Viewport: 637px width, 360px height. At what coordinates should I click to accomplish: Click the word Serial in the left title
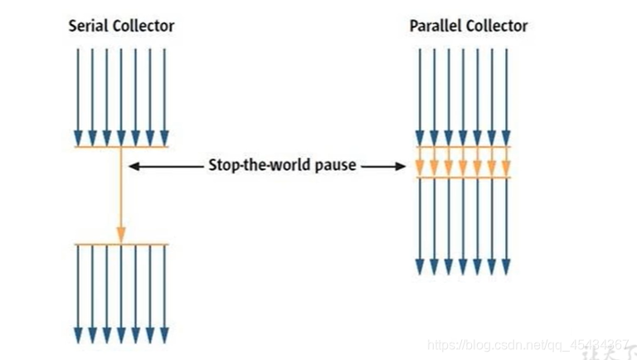[x=88, y=27]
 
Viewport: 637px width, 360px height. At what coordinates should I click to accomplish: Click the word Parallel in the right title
[x=433, y=27]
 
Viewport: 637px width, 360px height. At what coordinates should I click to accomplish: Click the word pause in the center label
[x=336, y=165]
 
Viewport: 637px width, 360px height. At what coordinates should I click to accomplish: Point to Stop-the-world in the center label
[x=248, y=165]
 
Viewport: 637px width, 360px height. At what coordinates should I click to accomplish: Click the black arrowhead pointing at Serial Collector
[x=134, y=166]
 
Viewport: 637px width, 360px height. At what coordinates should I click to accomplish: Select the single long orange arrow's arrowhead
[x=121, y=235]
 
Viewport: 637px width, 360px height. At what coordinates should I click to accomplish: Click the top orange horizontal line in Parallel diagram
[x=462, y=147]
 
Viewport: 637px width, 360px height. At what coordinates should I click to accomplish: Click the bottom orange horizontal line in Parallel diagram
[x=462, y=178]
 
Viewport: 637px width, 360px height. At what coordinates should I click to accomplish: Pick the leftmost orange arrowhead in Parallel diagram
[x=420, y=168]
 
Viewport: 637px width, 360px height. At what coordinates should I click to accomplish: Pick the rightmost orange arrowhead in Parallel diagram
[x=505, y=168]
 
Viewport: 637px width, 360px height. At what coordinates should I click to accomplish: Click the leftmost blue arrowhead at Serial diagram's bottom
[x=78, y=334]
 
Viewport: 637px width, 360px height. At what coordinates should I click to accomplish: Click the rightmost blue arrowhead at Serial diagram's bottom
[x=164, y=334]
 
